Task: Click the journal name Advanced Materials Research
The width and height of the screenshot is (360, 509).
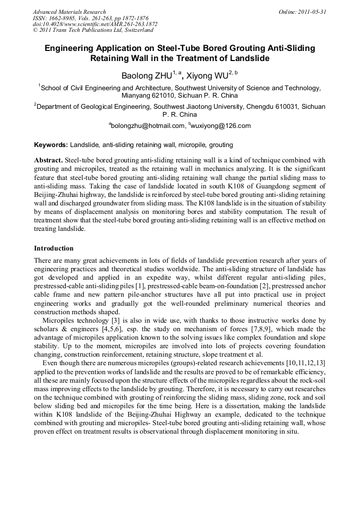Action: pyautogui.click(x=69, y=12)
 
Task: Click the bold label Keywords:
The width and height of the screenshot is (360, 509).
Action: pyautogui.click(x=51, y=144)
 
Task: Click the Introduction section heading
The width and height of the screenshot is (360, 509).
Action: pyautogui.click(x=54, y=248)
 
